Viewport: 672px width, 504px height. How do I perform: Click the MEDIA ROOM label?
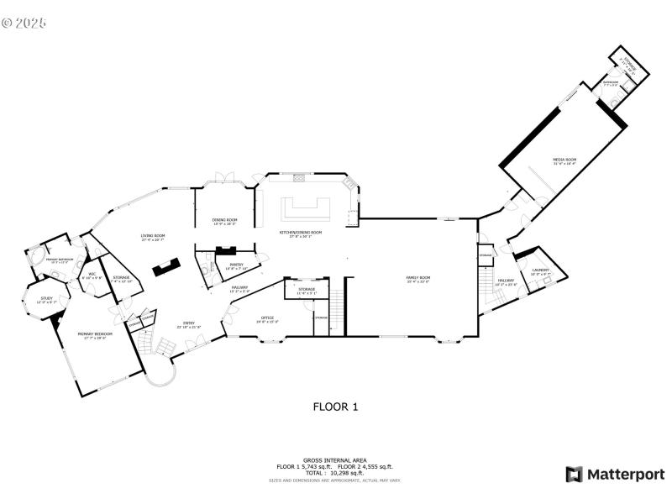tap(564, 160)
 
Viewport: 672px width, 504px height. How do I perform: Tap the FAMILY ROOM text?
tap(418, 279)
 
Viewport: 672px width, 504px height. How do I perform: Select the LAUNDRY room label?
tap(540, 271)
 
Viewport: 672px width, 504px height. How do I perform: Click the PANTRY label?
tap(236, 265)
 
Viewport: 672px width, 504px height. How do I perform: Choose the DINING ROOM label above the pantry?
tap(223, 221)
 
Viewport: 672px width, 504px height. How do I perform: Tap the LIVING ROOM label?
tap(153, 238)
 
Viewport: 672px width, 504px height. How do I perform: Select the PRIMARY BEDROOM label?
tap(95, 335)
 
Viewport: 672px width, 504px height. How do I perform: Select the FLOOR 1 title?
tap(335, 407)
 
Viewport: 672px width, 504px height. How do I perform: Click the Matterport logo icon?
tap(575, 475)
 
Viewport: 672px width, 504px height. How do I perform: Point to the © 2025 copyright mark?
tap(24, 22)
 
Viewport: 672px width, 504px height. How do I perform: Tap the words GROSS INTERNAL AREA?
tap(335, 461)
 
